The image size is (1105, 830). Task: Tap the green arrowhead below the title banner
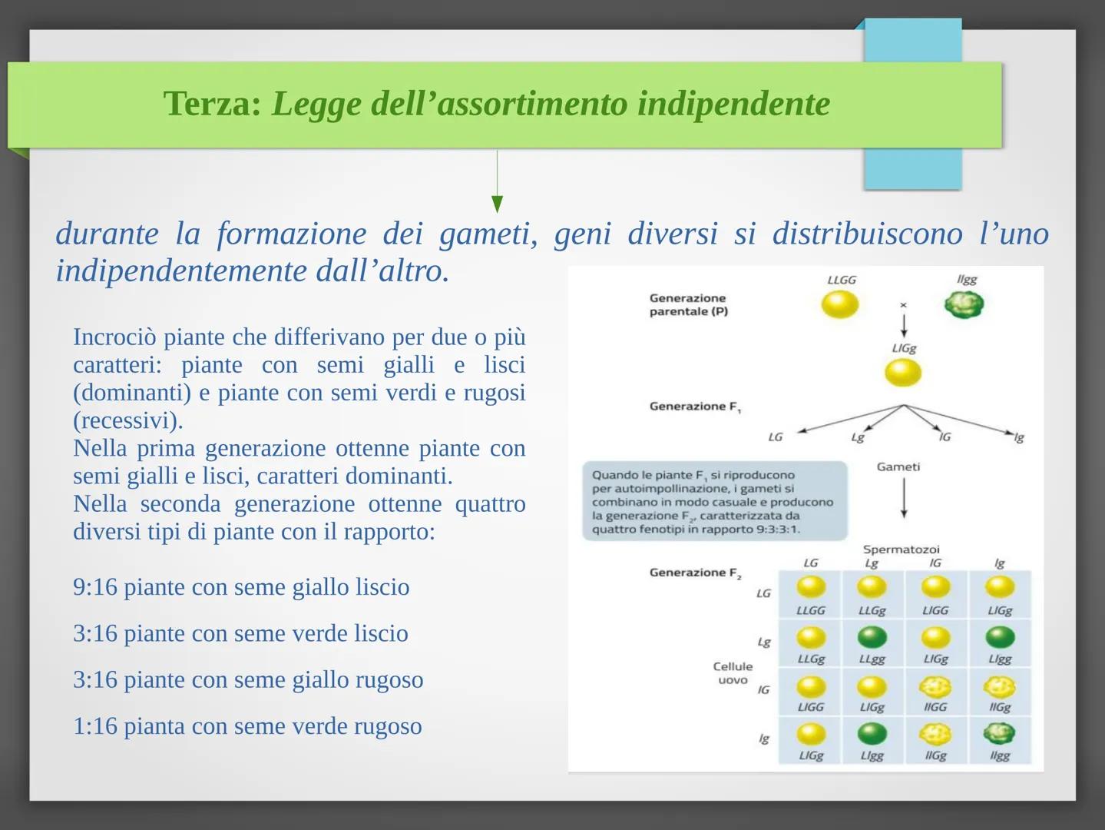[x=497, y=204]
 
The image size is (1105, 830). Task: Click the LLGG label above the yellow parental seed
[x=841, y=280]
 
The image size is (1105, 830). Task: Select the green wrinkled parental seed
[x=964, y=304]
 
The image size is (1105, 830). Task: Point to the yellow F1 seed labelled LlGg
[x=903, y=373]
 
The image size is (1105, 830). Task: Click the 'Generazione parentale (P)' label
[x=688, y=304]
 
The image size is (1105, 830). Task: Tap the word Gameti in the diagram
[x=898, y=467]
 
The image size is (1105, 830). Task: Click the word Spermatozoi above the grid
[x=901, y=549]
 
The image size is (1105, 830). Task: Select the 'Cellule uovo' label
[x=733, y=673]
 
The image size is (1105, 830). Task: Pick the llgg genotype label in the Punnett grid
[x=999, y=755]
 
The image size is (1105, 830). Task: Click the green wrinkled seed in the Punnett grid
[x=999, y=733]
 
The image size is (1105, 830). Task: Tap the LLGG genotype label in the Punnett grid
[x=810, y=610]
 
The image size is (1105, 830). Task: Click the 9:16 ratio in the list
[x=95, y=586]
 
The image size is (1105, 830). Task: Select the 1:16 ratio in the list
[x=95, y=725]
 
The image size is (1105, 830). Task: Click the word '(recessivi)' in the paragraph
[x=128, y=420]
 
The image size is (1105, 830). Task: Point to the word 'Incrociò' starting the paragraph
[x=114, y=337]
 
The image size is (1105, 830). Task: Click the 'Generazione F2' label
[x=695, y=573]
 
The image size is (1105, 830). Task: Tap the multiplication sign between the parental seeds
[x=903, y=304]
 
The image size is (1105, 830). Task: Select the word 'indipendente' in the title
[x=733, y=104]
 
